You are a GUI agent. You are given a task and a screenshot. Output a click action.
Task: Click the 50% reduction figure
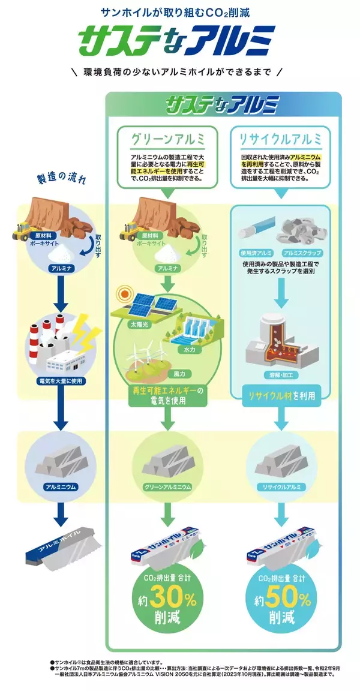[x=282, y=599]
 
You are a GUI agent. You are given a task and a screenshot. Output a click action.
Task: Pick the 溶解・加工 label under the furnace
[x=280, y=374]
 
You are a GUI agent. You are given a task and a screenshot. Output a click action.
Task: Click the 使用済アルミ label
[x=256, y=253]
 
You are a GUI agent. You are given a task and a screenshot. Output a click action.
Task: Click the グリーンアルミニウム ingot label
[x=167, y=486]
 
